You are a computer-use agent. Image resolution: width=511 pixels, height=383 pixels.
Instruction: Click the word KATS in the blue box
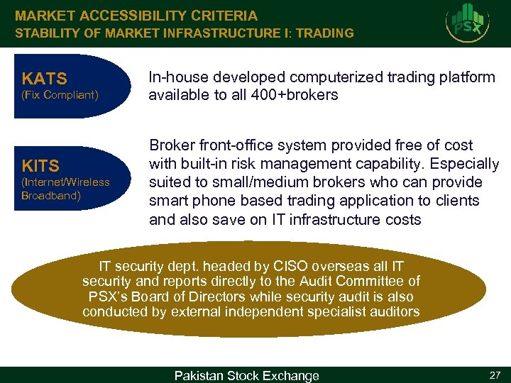tap(44, 78)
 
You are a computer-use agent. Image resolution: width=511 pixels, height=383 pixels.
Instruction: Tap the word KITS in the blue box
tap(40, 166)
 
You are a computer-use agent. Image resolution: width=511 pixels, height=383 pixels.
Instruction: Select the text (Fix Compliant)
tap(60, 94)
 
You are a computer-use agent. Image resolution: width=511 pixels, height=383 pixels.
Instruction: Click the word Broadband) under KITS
tap(51, 195)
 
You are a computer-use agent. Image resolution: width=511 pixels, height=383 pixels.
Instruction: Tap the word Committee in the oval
tap(377, 282)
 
